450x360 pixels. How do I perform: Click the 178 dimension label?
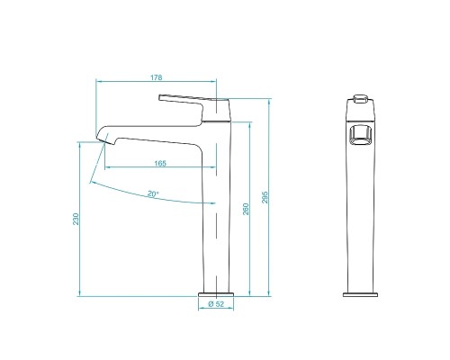click(x=159, y=77)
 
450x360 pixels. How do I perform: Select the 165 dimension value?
click(x=159, y=162)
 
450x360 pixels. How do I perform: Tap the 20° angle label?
click(x=152, y=193)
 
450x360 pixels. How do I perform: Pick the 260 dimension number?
click(x=247, y=209)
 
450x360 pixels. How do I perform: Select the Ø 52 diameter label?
click(x=216, y=304)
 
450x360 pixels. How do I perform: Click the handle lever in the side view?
click(x=187, y=97)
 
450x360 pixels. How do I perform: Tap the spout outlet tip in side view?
click(x=102, y=139)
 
